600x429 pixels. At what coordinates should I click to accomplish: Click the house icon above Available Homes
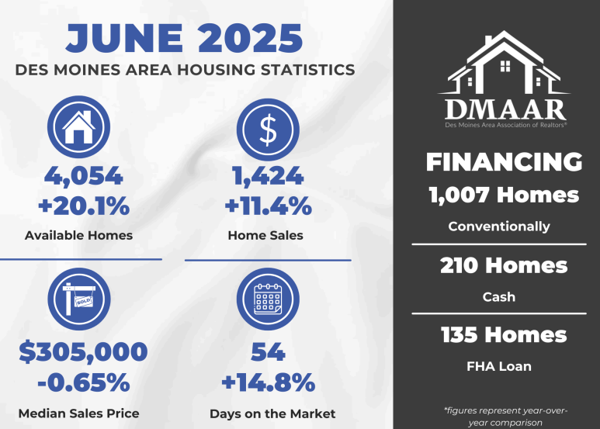tap(79, 127)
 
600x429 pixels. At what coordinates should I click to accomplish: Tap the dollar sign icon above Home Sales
tap(268, 130)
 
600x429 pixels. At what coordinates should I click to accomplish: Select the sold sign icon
tap(79, 299)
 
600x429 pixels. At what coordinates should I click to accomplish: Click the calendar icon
tap(268, 299)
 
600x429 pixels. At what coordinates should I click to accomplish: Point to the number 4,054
tap(83, 176)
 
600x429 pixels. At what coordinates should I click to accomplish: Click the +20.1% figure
tap(84, 206)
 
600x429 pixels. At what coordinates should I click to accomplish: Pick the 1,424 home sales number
tap(268, 176)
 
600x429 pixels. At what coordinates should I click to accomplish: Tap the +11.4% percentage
tap(268, 206)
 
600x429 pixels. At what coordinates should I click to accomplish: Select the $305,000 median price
tap(83, 351)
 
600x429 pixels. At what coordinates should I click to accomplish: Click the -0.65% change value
tap(84, 382)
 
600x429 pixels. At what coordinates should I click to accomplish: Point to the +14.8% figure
tap(269, 382)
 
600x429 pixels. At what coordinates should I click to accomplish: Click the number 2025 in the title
tap(250, 38)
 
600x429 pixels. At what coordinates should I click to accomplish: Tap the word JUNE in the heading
tap(124, 38)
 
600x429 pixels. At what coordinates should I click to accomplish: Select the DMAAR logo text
tap(505, 110)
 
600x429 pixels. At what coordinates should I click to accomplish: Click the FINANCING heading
tap(505, 161)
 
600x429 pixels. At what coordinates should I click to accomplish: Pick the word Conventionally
tap(499, 227)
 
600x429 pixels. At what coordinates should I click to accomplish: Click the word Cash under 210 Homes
tap(499, 296)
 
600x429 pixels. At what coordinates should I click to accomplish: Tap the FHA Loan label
tap(499, 366)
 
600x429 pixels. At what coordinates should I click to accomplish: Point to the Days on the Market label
tap(272, 413)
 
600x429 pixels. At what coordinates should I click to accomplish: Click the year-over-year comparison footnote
tap(505, 417)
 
